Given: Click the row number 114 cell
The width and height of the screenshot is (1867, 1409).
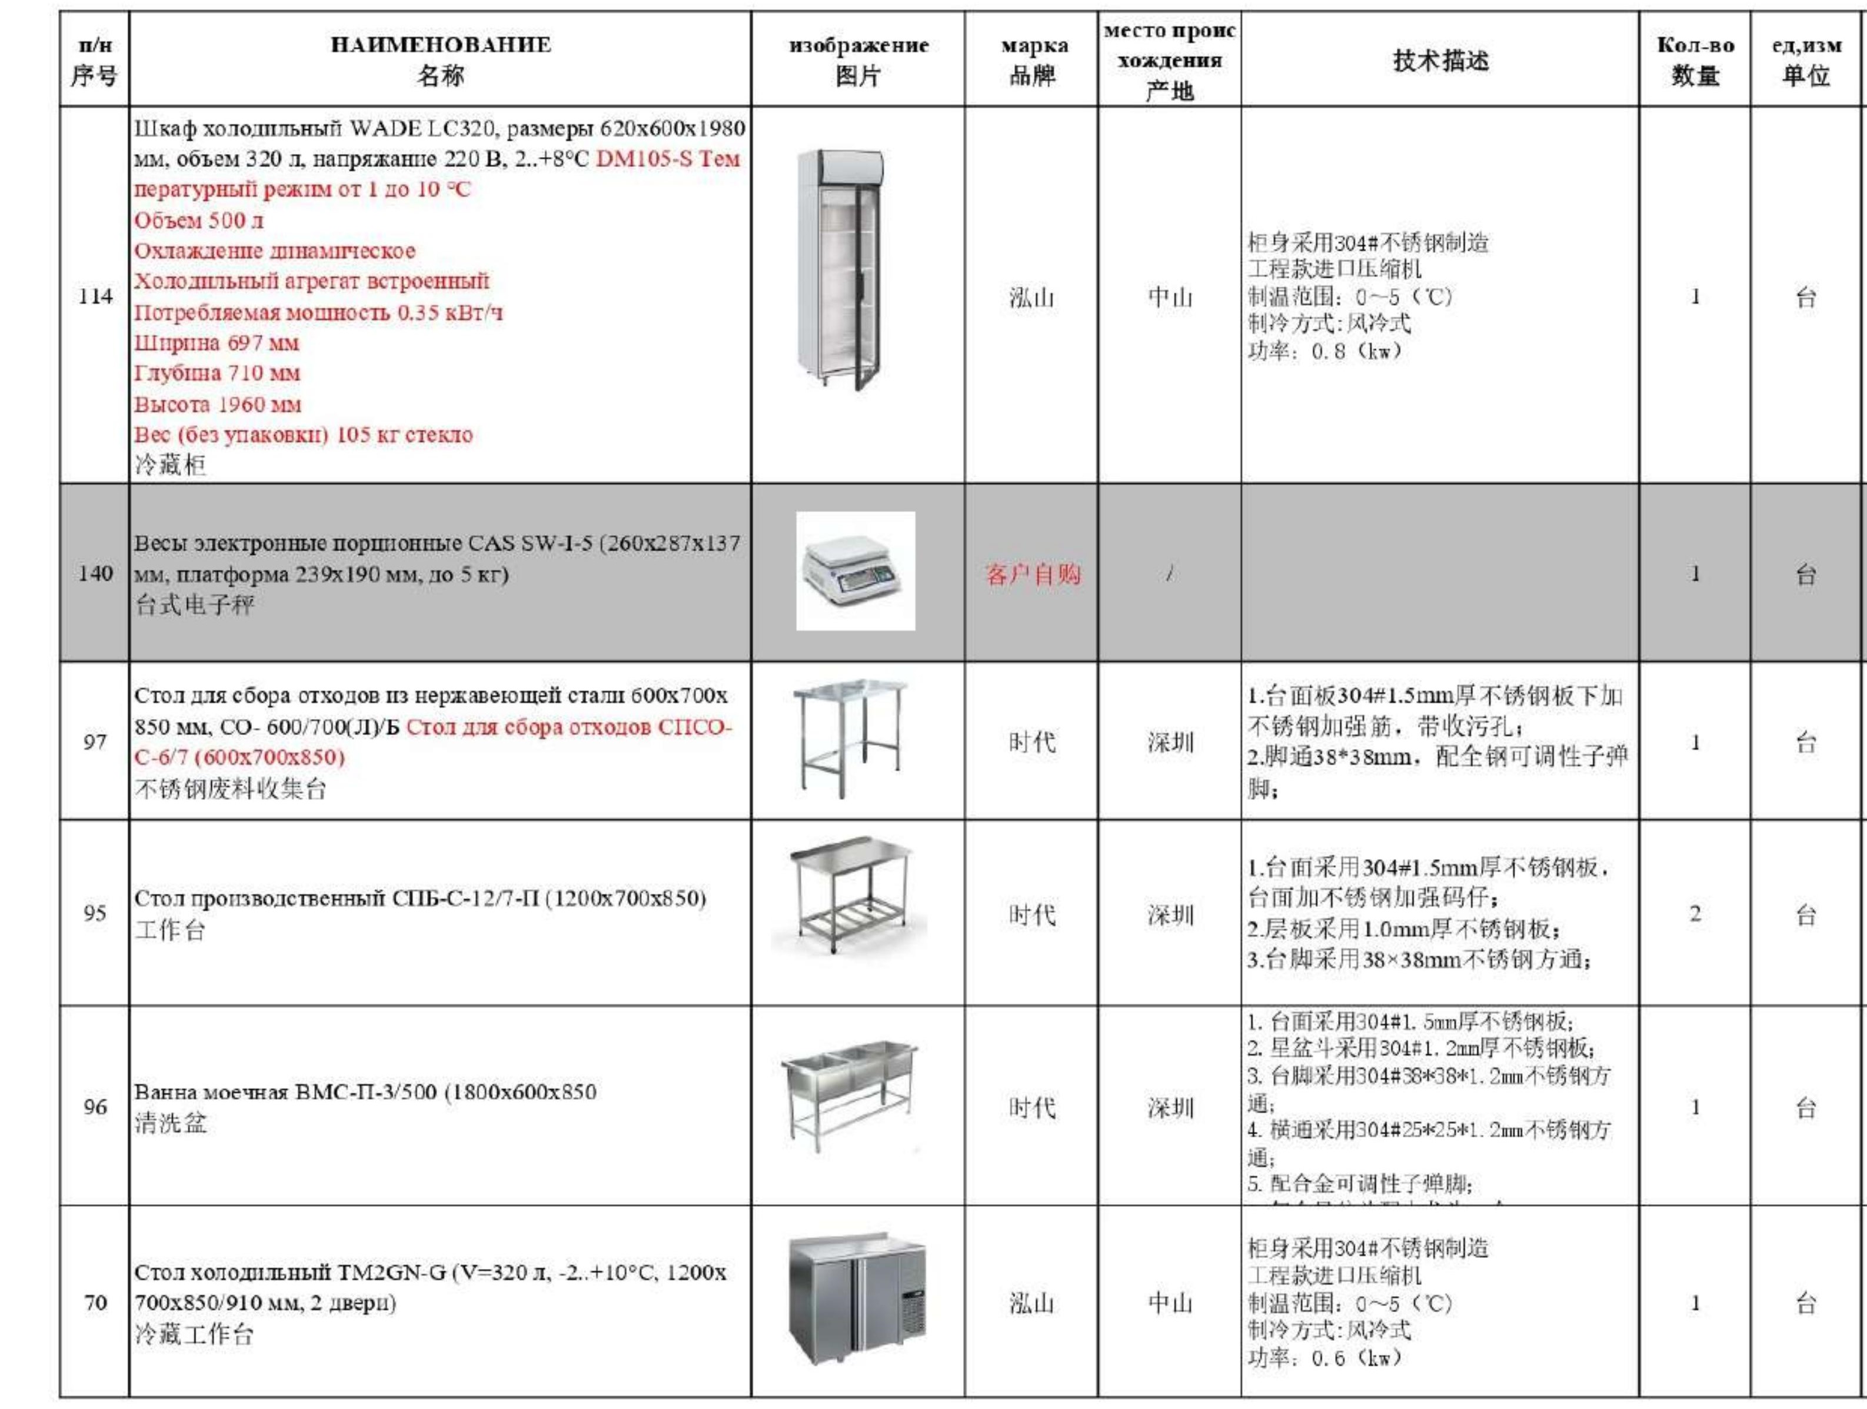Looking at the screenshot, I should (95, 297).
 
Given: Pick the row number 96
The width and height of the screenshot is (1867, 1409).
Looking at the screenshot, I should (95, 1107).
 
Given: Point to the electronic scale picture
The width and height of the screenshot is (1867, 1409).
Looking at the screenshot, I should (855, 571).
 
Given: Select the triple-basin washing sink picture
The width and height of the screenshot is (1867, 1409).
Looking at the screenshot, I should (848, 1095).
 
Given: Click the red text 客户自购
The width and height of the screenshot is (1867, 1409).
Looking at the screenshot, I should (1032, 575).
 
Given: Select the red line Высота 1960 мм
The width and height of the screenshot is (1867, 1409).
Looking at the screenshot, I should (218, 404).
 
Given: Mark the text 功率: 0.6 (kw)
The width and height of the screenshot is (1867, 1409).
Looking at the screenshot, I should (1325, 1357).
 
